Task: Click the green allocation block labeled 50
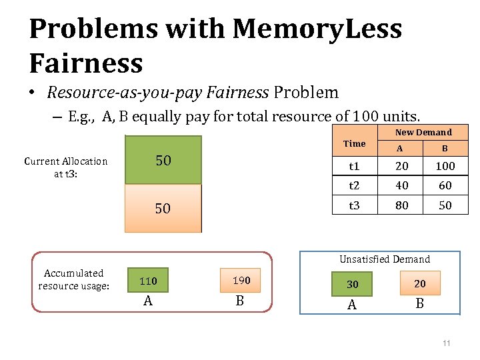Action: (163, 160)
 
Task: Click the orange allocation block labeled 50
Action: (163, 208)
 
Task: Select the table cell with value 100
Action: (445, 166)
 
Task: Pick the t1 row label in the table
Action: (354, 166)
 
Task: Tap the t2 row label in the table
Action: (354, 185)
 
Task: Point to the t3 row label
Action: (354, 205)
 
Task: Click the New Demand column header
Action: (423, 132)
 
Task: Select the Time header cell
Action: (354, 143)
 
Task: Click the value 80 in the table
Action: (401, 205)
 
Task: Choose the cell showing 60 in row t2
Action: (445, 185)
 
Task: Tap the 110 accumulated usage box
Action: (147, 281)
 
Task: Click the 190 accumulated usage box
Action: (240, 281)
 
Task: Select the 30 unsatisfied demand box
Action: (352, 284)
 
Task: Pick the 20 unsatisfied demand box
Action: (419, 283)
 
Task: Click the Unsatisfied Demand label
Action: (385, 259)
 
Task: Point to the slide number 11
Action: (446, 343)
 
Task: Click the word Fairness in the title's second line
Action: (86, 63)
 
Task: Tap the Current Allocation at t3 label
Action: (65, 167)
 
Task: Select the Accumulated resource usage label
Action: (73, 279)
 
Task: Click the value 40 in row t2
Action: (401, 185)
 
